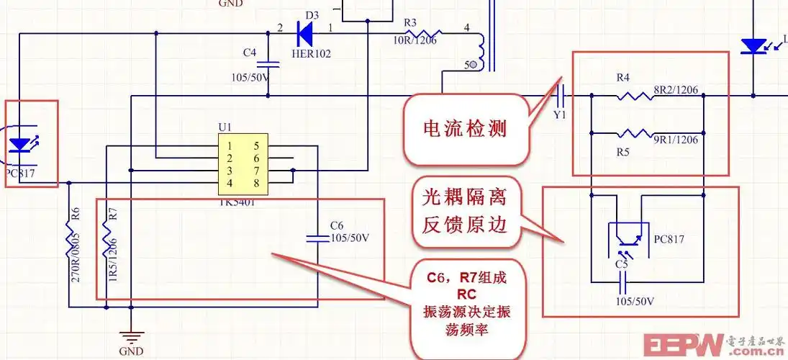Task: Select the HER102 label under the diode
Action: (311, 53)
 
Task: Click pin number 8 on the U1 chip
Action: (256, 182)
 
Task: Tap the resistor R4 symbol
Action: (634, 96)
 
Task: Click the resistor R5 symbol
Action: (634, 133)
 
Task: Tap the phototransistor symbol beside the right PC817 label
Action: (623, 238)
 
